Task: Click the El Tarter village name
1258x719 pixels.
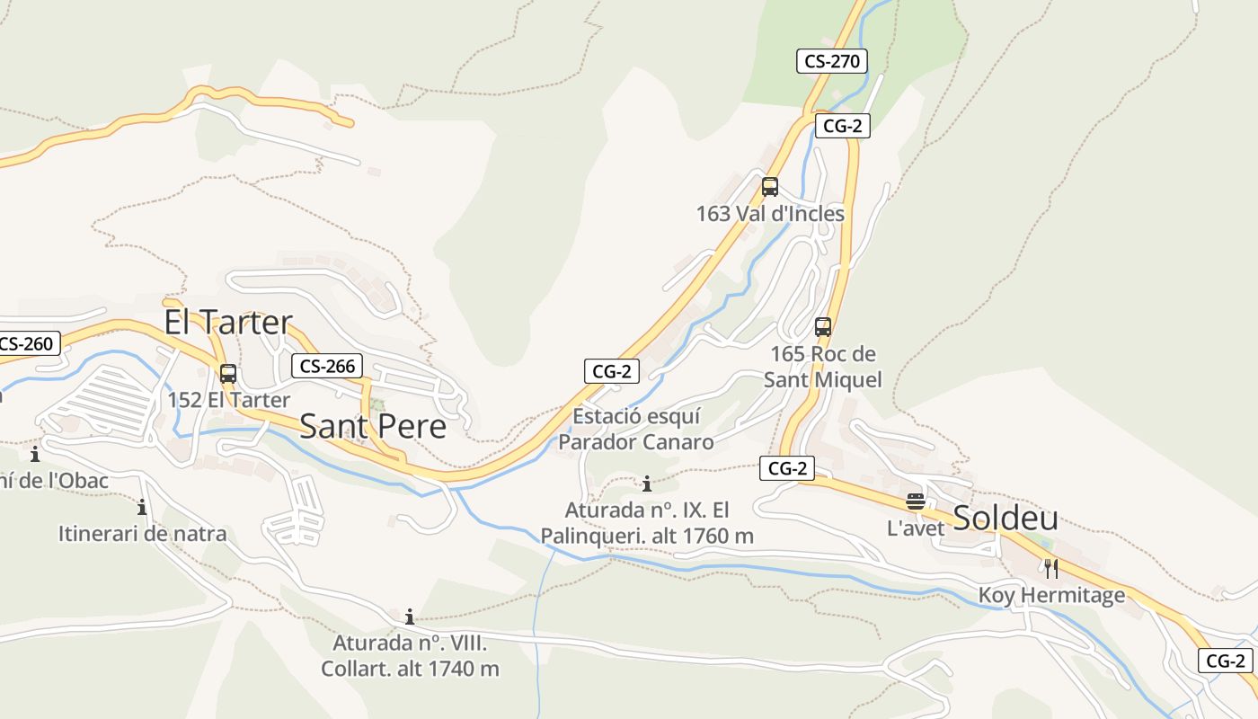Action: (x=228, y=322)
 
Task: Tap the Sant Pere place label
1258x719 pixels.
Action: (x=372, y=426)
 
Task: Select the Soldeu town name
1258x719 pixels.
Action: (x=1005, y=519)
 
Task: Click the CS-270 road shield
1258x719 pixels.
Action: (x=831, y=61)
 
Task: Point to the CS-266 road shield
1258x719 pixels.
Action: (x=327, y=366)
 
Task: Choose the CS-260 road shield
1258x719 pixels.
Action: (x=29, y=343)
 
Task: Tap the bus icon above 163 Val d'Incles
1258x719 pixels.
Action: (x=770, y=187)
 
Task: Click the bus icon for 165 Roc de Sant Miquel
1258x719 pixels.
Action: (x=823, y=327)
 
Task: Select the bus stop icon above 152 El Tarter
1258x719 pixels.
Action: (x=228, y=374)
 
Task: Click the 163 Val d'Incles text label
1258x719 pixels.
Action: (x=770, y=214)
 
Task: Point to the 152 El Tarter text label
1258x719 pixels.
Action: (x=228, y=400)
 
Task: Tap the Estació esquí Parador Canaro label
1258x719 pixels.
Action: (x=636, y=430)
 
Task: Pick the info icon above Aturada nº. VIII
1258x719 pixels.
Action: (x=410, y=617)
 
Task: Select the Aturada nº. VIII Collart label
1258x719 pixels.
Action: (x=410, y=656)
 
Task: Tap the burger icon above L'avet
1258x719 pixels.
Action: (x=916, y=502)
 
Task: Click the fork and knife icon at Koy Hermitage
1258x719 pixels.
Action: (x=1051, y=569)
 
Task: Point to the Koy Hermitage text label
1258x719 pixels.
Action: (x=1051, y=595)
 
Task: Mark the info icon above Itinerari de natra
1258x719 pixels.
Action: (x=142, y=508)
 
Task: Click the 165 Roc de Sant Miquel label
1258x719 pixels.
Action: (x=823, y=367)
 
